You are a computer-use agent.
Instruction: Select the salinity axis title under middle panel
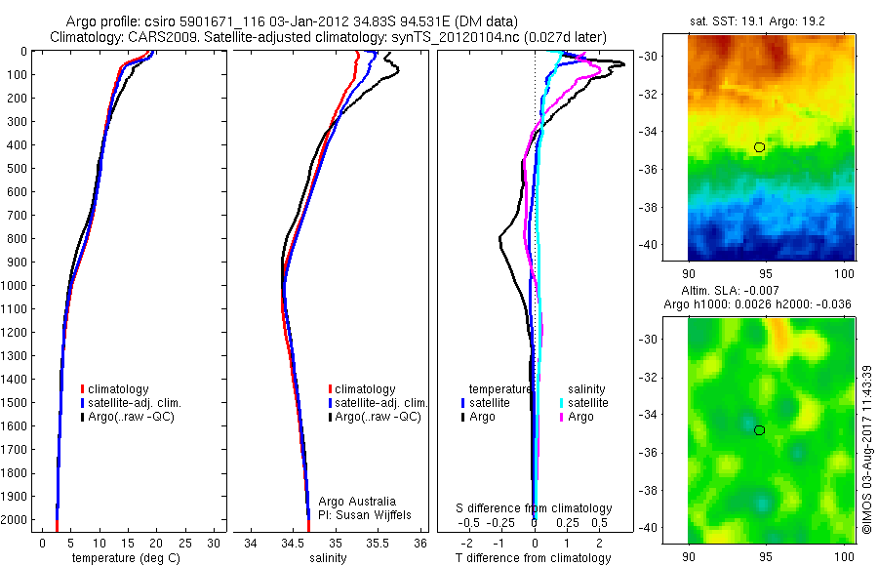336,558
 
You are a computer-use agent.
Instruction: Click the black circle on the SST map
760,147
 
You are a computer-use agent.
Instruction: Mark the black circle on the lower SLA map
760,430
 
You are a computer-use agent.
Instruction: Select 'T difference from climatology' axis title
535,558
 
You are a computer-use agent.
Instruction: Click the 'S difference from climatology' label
535,508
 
